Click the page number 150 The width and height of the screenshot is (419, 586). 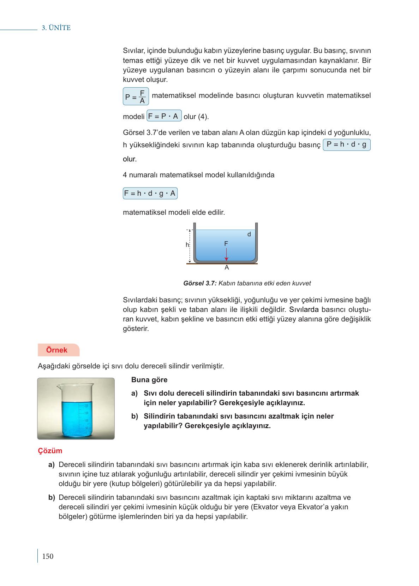(48, 556)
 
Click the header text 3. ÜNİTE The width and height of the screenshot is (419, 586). (56, 28)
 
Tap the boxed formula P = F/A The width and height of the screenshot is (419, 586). (136, 96)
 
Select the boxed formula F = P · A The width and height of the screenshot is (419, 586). (164, 116)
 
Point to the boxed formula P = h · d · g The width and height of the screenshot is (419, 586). (346, 144)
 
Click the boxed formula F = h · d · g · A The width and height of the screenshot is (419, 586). (150, 194)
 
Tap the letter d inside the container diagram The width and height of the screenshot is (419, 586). (249, 234)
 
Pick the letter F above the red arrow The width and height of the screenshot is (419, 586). (226, 243)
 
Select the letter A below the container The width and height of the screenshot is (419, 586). (227, 268)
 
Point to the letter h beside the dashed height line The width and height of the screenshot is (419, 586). (187, 245)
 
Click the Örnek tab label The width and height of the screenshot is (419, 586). (57, 350)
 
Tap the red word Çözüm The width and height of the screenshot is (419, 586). (50, 451)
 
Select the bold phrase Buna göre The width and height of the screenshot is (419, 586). (149, 380)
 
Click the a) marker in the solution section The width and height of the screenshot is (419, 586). (52, 464)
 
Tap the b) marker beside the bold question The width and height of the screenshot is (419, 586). (134, 416)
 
